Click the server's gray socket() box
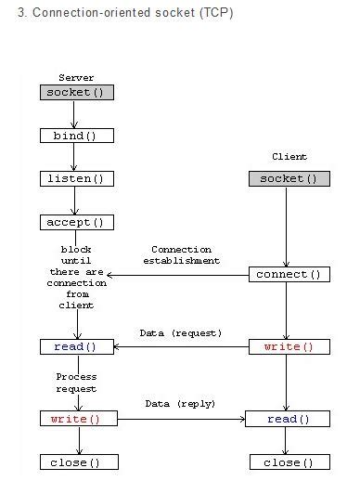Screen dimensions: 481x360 [x=76, y=92]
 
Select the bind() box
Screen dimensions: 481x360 [x=76, y=136]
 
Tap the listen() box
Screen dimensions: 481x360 [x=76, y=178]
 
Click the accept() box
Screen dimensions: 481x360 [x=76, y=222]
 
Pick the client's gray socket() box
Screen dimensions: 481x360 [x=289, y=178]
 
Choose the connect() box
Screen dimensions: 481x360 [x=289, y=274]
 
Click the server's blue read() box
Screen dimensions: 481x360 [x=76, y=346]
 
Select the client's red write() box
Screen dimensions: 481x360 [x=289, y=346]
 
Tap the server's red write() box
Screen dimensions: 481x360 [x=76, y=419]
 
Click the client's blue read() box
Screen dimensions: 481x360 [x=289, y=419]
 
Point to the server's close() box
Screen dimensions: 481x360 [x=76, y=461]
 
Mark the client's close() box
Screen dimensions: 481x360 [x=289, y=461]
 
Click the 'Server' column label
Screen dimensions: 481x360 [x=76, y=77]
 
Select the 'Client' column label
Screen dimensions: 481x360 [x=289, y=157]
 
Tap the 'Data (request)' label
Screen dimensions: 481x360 [x=182, y=331]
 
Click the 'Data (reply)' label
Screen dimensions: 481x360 [x=181, y=404]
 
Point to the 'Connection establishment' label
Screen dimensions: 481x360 [x=181, y=255]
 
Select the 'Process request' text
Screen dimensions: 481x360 [x=76, y=383]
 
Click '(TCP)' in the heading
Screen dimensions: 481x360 [x=214, y=14]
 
